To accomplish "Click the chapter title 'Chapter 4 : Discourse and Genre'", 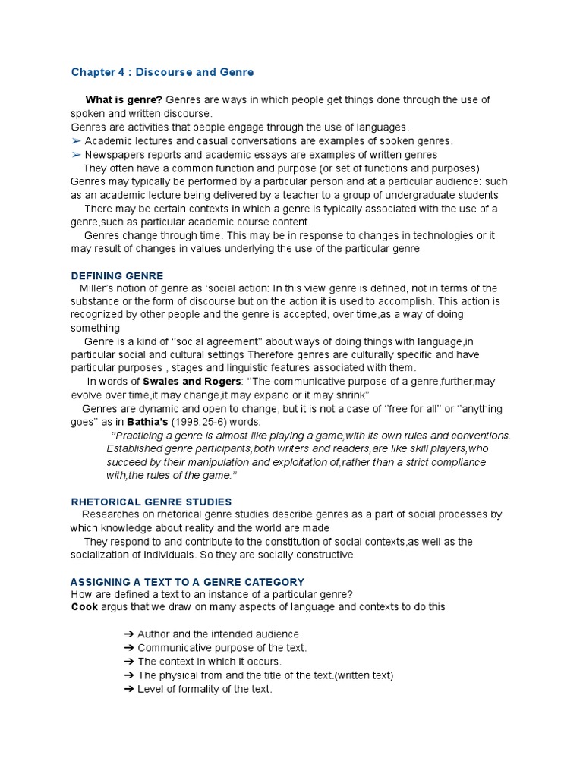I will tap(162, 72).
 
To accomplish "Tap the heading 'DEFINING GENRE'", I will tap(117, 275).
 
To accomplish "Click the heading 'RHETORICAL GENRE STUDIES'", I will tap(151, 502).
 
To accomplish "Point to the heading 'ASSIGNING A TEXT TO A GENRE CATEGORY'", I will tap(188, 582).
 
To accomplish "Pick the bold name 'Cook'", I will tap(84, 607).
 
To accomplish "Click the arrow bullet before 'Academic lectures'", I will tap(76, 141).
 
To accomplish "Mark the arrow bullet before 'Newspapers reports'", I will tap(76, 155).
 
